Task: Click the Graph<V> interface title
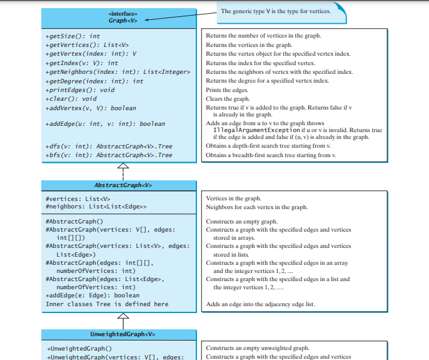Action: point(122,20)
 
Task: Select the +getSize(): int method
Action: point(73,36)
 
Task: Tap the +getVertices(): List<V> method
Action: point(87,45)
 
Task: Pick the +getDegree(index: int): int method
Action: point(94,81)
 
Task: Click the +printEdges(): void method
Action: point(80,90)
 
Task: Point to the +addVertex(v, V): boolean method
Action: point(91,108)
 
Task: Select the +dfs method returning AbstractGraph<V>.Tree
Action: point(109,147)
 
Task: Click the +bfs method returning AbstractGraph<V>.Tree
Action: point(109,155)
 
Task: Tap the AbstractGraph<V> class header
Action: point(123,185)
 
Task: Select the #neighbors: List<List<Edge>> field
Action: point(96,207)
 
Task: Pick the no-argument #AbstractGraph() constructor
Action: point(74,222)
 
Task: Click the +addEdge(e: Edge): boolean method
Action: point(93,296)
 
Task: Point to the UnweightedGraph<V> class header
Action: point(123,334)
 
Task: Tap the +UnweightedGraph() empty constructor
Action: point(79,348)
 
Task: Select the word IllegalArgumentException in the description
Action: point(261,130)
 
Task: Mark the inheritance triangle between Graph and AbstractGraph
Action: point(123,167)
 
